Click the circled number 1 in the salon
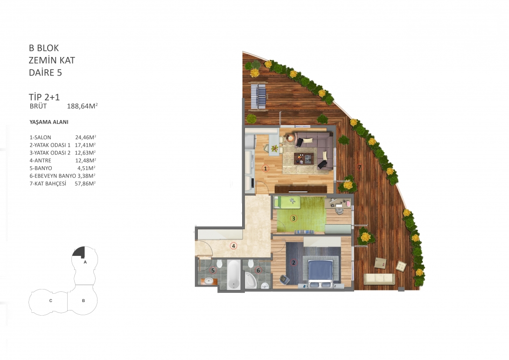point(265,168)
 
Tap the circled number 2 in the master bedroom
point(293,262)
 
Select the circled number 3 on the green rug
point(293,219)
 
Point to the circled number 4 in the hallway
point(233,246)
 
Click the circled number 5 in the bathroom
point(213,270)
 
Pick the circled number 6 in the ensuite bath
point(258,270)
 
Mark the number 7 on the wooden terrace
point(360,167)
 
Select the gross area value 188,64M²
point(83,106)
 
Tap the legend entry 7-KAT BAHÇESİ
point(48,184)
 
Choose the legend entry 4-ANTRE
point(40,161)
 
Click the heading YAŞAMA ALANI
point(49,122)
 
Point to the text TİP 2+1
point(44,97)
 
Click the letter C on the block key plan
point(51,301)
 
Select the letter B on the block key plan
point(84,301)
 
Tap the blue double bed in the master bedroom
point(320,271)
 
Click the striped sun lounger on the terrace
point(259,97)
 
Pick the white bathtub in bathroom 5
point(234,274)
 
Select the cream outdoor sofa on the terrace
point(379,279)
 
